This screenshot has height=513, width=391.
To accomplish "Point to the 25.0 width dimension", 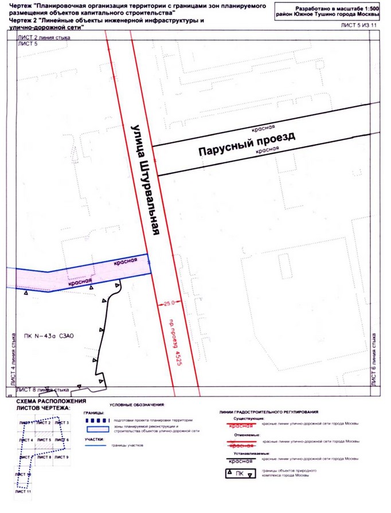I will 168,301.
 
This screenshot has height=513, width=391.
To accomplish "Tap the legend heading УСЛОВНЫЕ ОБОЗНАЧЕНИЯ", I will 136,405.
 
